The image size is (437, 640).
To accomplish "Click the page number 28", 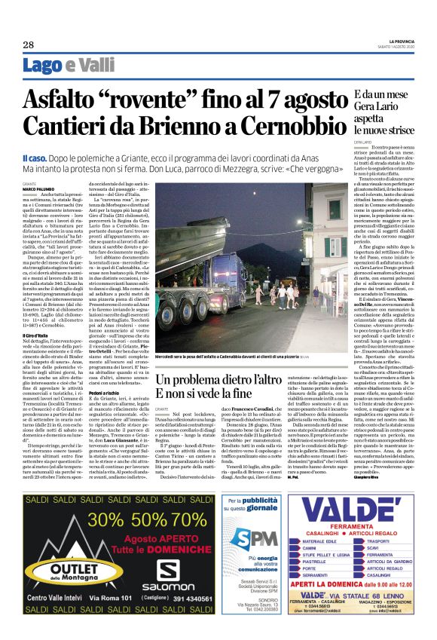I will (28, 45).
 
